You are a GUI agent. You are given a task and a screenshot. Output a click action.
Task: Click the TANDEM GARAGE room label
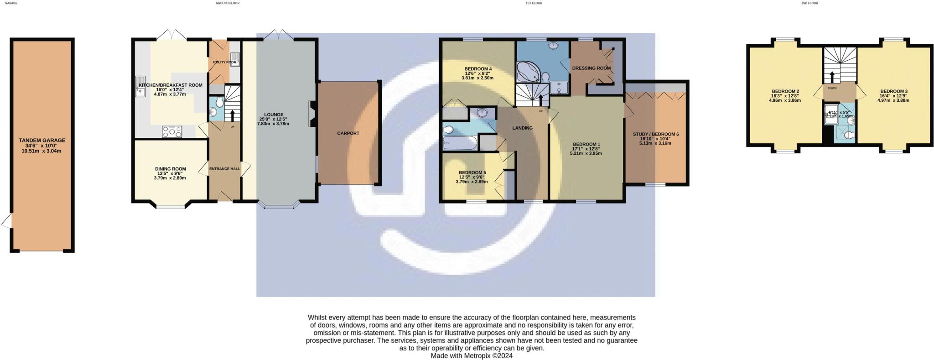pos(42,141)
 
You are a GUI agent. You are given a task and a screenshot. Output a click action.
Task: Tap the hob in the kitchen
pos(172,131)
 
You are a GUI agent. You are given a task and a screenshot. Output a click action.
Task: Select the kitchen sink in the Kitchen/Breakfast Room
pos(140,87)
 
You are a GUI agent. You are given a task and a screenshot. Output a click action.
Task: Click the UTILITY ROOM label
pos(224,62)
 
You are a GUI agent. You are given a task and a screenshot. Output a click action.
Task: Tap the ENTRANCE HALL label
pos(224,169)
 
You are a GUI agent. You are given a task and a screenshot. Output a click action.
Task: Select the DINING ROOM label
pos(170,169)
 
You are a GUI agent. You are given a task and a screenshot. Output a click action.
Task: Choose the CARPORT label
pos(348,133)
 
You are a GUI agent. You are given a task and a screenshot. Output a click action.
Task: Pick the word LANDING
pos(522,128)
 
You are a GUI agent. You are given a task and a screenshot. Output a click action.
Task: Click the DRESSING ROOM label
pos(591,68)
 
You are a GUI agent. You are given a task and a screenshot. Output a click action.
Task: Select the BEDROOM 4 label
pos(478,69)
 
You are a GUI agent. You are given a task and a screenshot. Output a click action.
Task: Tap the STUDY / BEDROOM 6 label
pos(655,134)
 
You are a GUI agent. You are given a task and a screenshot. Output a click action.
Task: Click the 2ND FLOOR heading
pos(809,3)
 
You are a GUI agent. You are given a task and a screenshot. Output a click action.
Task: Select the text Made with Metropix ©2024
pos(472,355)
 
